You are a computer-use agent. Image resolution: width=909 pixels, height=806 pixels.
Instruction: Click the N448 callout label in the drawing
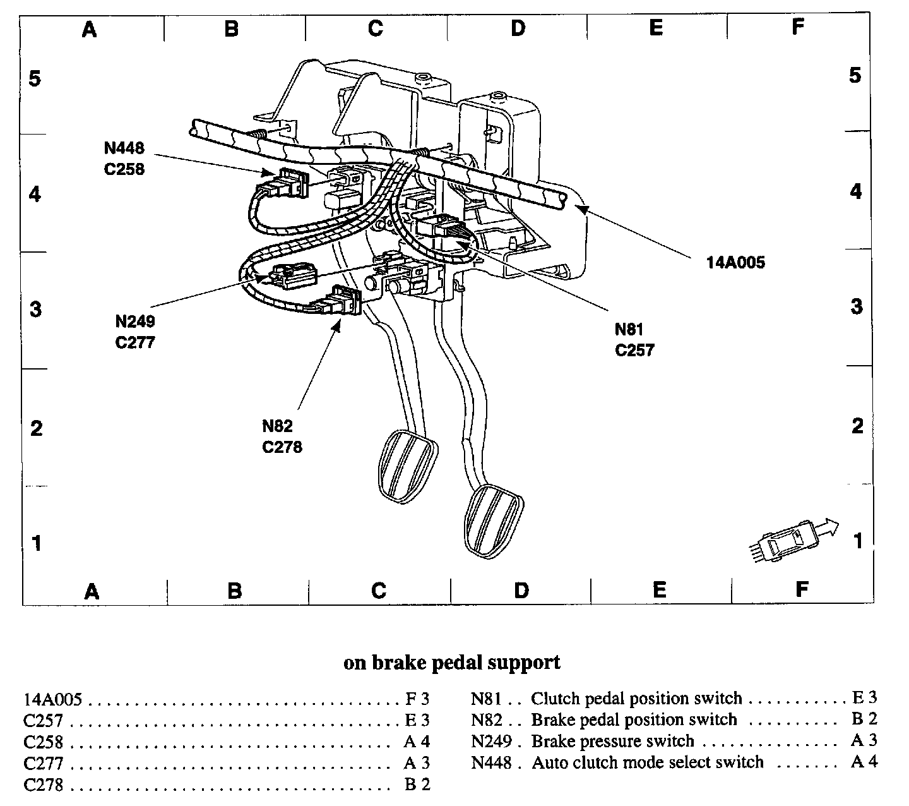[x=124, y=148]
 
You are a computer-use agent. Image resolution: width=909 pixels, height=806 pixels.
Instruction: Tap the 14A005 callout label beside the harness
[x=735, y=262]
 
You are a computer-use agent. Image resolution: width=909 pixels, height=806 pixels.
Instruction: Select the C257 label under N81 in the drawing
[x=634, y=350]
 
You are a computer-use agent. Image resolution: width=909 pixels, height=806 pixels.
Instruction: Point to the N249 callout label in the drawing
[x=134, y=322]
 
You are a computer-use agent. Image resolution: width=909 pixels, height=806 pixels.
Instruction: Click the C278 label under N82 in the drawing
[x=282, y=447]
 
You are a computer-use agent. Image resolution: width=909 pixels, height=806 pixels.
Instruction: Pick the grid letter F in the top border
[x=798, y=27]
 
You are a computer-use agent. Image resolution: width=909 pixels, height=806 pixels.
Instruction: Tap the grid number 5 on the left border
[x=35, y=79]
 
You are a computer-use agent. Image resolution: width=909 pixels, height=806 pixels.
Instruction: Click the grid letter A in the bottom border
[x=92, y=591]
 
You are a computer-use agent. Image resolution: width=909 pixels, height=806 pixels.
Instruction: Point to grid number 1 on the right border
[x=857, y=541]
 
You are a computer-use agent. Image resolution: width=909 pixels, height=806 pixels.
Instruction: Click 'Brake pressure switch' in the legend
[x=612, y=741]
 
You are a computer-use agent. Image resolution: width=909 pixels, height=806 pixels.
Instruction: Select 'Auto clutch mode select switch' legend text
[x=648, y=762]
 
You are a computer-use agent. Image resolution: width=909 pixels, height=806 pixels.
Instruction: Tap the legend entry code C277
[x=44, y=764]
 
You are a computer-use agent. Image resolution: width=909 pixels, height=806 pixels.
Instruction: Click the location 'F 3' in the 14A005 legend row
[x=417, y=699]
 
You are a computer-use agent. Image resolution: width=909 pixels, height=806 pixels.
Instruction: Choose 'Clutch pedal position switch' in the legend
[x=636, y=699]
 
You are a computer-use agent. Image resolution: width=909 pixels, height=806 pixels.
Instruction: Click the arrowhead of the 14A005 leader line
[x=582, y=206]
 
